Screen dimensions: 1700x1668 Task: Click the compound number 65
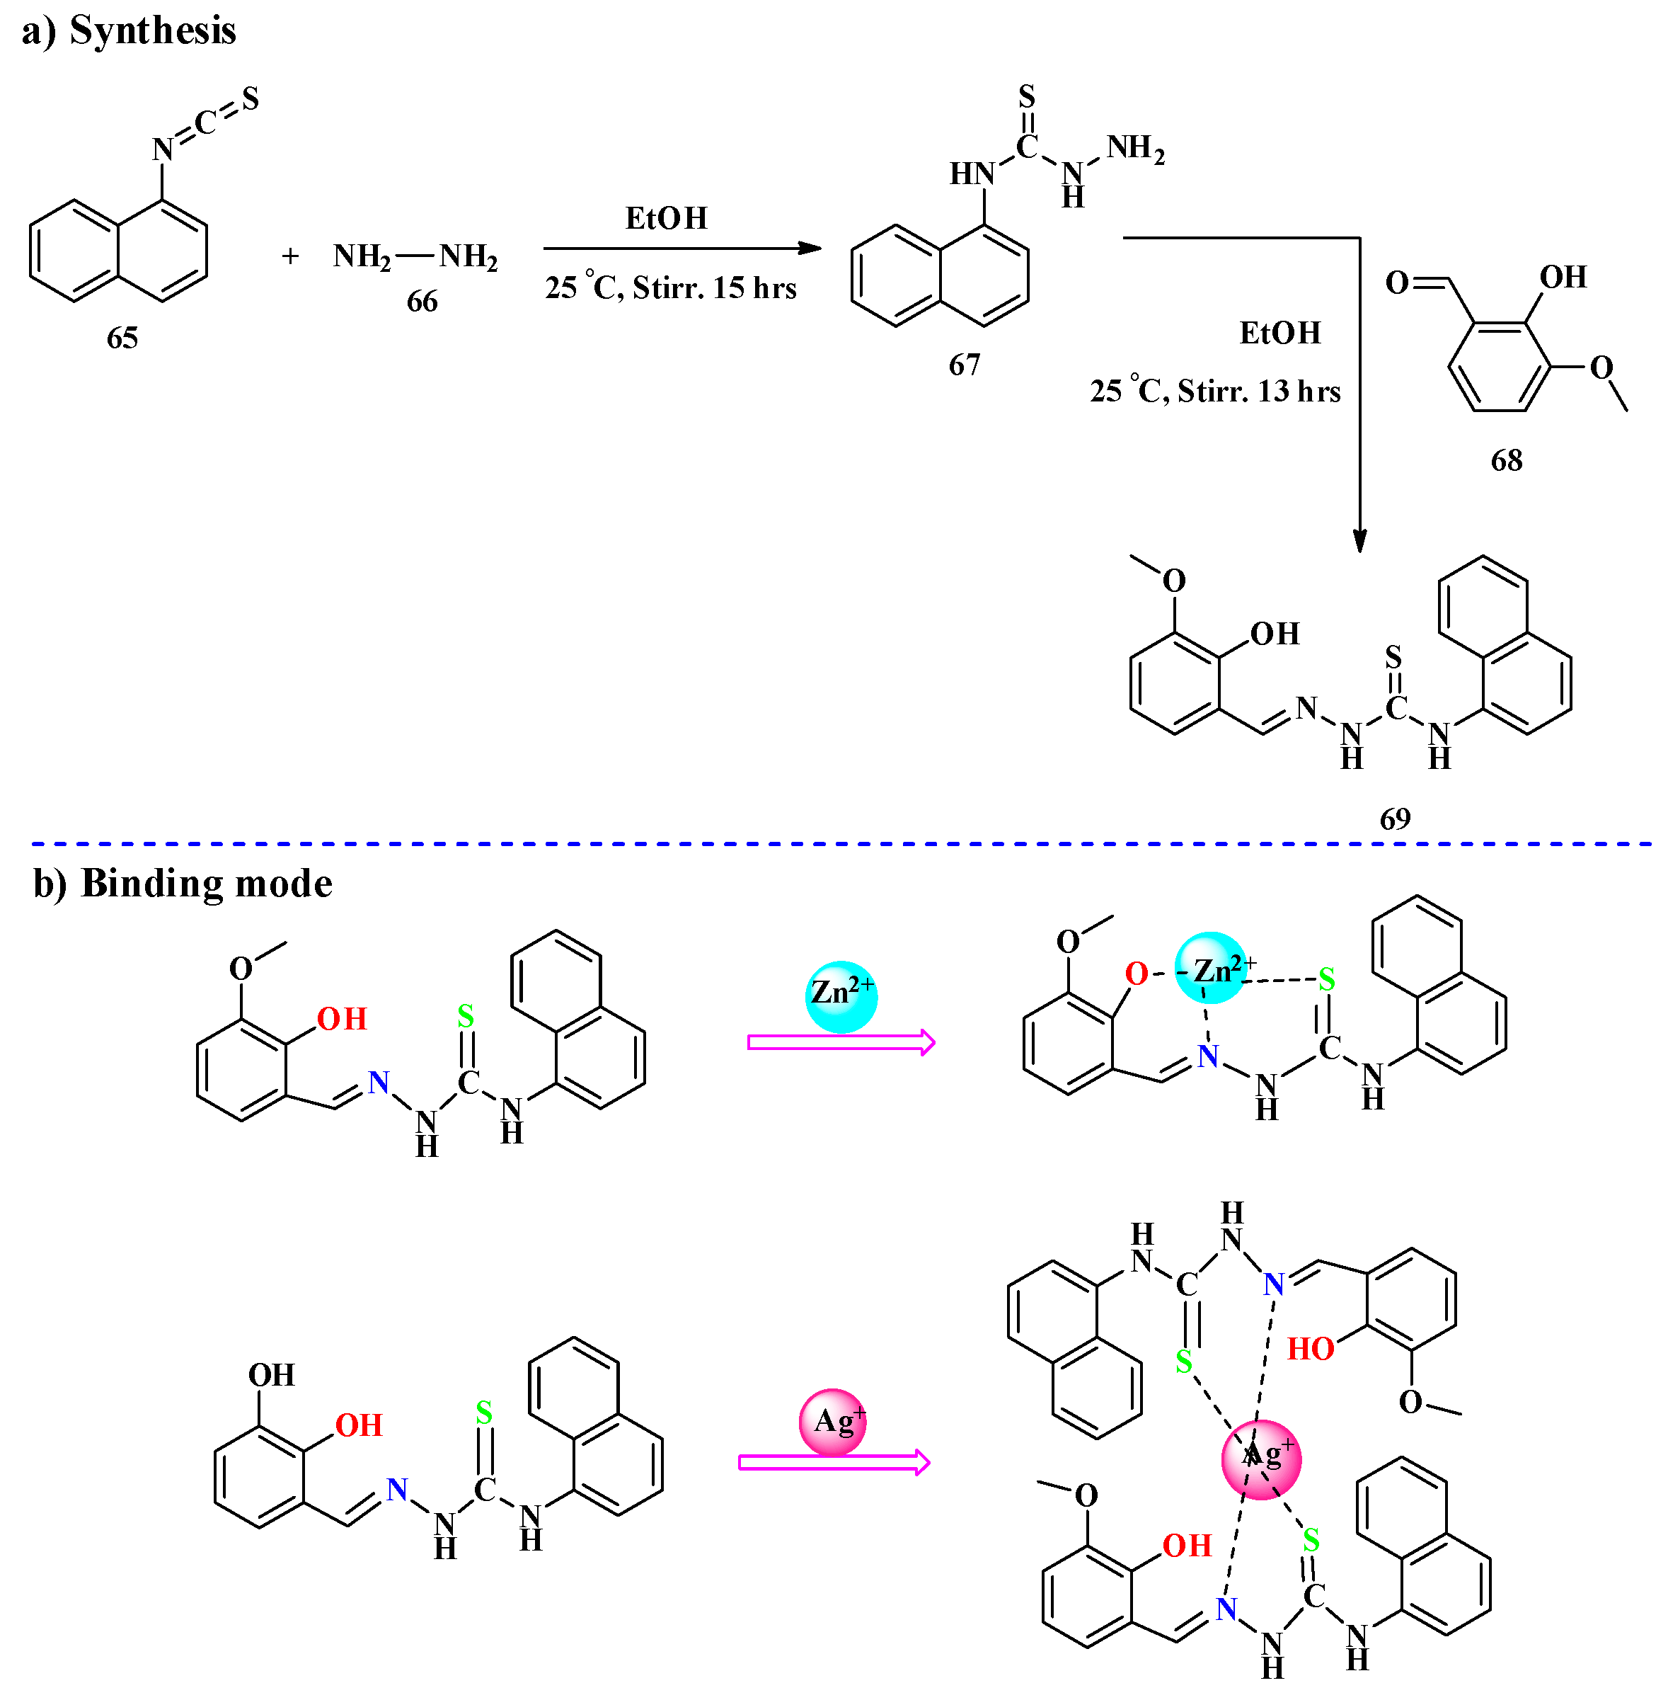[x=122, y=337]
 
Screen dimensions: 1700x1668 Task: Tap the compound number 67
[x=965, y=365]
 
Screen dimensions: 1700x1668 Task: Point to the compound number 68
[x=1507, y=460]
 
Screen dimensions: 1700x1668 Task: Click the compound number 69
[x=1396, y=818]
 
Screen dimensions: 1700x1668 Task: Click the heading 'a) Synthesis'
[x=129, y=30]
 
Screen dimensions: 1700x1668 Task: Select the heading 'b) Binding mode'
[x=182, y=884]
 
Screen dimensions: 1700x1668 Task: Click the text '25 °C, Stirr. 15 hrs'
[x=671, y=287]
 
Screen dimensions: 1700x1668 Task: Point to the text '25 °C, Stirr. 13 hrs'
[x=1215, y=391]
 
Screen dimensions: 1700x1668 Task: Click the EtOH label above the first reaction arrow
[x=666, y=218]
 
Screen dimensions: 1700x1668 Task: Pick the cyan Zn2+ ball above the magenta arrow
[x=841, y=996]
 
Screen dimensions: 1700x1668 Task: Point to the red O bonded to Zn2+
[x=1137, y=974]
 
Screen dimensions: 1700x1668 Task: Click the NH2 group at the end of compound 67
[x=1135, y=149]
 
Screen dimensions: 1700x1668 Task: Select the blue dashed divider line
[x=841, y=844]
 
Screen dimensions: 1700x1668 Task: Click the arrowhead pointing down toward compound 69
[x=1359, y=541]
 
